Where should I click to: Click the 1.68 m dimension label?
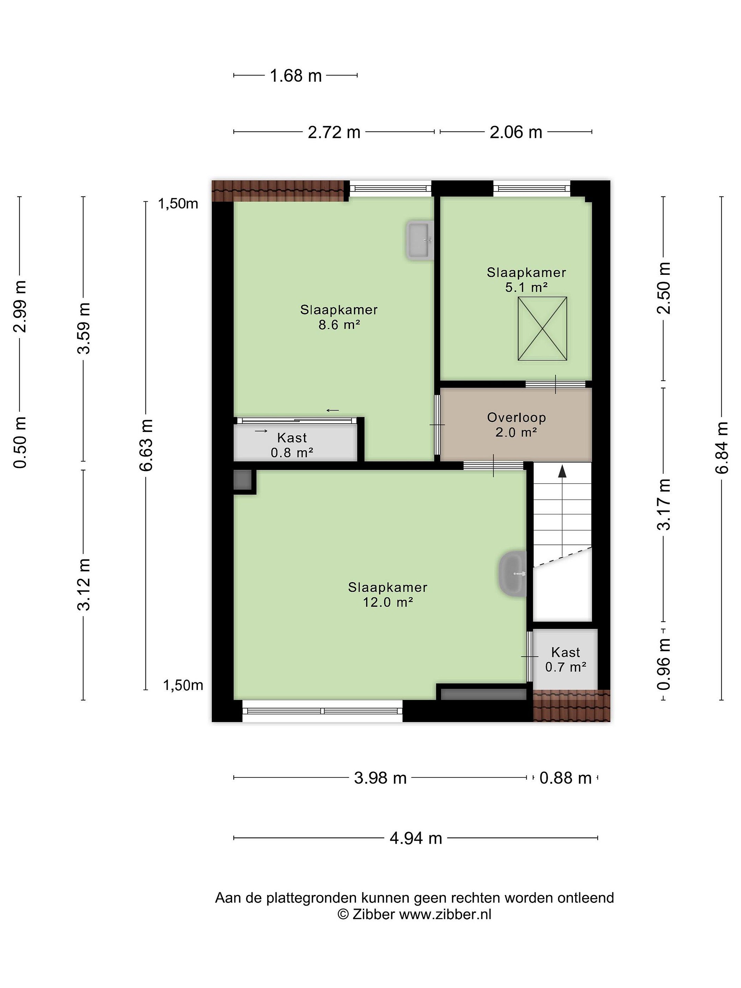click(296, 75)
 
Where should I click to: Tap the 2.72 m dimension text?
click(334, 132)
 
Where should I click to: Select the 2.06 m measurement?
click(516, 132)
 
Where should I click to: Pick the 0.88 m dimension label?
click(565, 778)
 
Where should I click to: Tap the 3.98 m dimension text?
click(380, 778)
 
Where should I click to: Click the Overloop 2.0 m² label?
click(516, 425)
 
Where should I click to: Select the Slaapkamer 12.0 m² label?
click(388, 595)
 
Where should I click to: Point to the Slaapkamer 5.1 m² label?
click(526, 280)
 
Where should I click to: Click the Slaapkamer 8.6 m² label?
click(339, 317)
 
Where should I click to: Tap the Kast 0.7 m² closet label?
click(565, 659)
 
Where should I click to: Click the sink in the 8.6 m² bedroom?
click(420, 240)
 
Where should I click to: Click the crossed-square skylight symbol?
click(542, 329)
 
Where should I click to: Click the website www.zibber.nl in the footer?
click(445, 914)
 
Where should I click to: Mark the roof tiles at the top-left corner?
click(280, 191)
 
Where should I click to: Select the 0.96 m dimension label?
click(664, 664)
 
